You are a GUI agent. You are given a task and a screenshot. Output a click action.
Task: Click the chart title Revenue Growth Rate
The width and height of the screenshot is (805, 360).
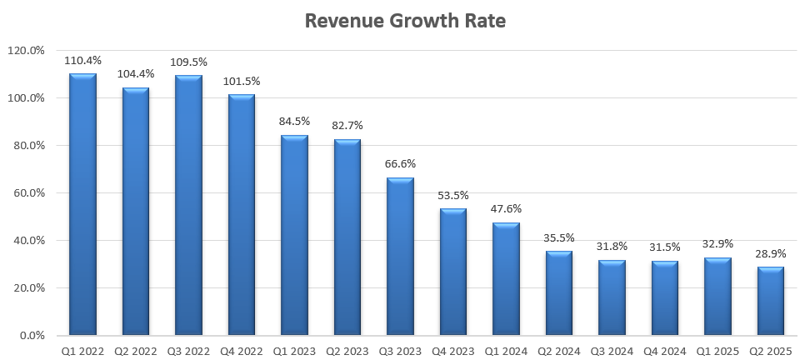(x=405, y=21)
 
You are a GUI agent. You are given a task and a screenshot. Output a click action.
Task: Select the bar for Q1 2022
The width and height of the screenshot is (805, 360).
(x=82, y=204)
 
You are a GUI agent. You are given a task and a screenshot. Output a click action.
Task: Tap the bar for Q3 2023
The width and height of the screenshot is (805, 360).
(x=400, y=257)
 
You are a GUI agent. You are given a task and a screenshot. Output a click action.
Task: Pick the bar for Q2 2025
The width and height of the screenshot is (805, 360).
(x=771, y=301)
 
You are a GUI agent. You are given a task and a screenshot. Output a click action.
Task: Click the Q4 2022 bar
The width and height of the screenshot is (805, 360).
(x=242, y=215)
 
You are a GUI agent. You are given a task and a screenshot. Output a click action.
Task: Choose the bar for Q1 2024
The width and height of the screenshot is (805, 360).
(x=506, y=279)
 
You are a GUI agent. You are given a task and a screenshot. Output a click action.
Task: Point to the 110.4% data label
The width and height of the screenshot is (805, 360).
(x=82, y=61)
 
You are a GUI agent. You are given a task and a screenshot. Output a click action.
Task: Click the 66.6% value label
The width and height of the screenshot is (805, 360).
(x=400, y=164)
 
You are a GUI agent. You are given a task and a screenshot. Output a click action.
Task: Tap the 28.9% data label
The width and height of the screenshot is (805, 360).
(x=771, y=253)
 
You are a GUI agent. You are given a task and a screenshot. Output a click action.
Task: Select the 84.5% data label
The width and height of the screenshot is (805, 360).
(x=294, y=122)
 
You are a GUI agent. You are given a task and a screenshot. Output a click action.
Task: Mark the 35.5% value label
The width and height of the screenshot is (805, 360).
(x=559, y=237)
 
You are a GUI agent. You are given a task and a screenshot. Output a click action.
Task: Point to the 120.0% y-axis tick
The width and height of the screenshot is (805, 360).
(x=26, y=51)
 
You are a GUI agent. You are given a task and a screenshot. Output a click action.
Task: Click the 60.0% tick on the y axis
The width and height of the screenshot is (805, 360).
(x=28, y=193)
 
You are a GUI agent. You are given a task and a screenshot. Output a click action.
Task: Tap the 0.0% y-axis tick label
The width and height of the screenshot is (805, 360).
(x=31, y=336)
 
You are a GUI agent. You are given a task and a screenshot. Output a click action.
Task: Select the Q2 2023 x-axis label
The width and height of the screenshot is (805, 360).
(x=347, y=352)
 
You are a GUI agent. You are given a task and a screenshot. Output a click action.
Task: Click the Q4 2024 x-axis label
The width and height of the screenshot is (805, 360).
(x=665, y=352)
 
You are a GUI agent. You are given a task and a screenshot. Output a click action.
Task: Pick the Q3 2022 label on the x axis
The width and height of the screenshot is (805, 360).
(x=188, y=352)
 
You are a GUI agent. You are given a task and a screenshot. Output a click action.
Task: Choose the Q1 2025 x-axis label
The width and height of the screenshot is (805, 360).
(x=717, y=352)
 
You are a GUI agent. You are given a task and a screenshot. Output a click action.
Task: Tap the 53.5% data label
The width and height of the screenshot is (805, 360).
(x=453, y=195)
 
